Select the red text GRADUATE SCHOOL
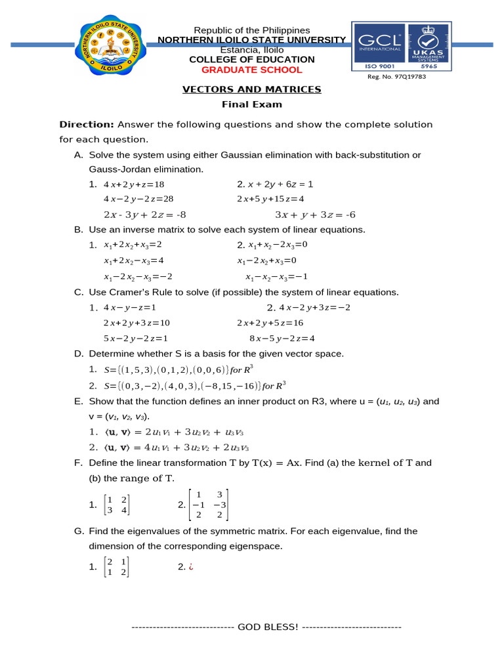coord(251,70)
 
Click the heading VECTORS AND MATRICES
coord(251,89)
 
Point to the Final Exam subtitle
coord(251,104)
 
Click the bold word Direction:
coord(87,124)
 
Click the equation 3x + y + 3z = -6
coord(314,215)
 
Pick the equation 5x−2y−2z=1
coord(136,338)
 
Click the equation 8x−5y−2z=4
coord(282,338)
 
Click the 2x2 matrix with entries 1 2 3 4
coord(117,505)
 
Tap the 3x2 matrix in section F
coord(208,505)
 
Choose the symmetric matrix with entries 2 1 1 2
coord(117,567)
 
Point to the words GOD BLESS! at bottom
coord(268,627)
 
